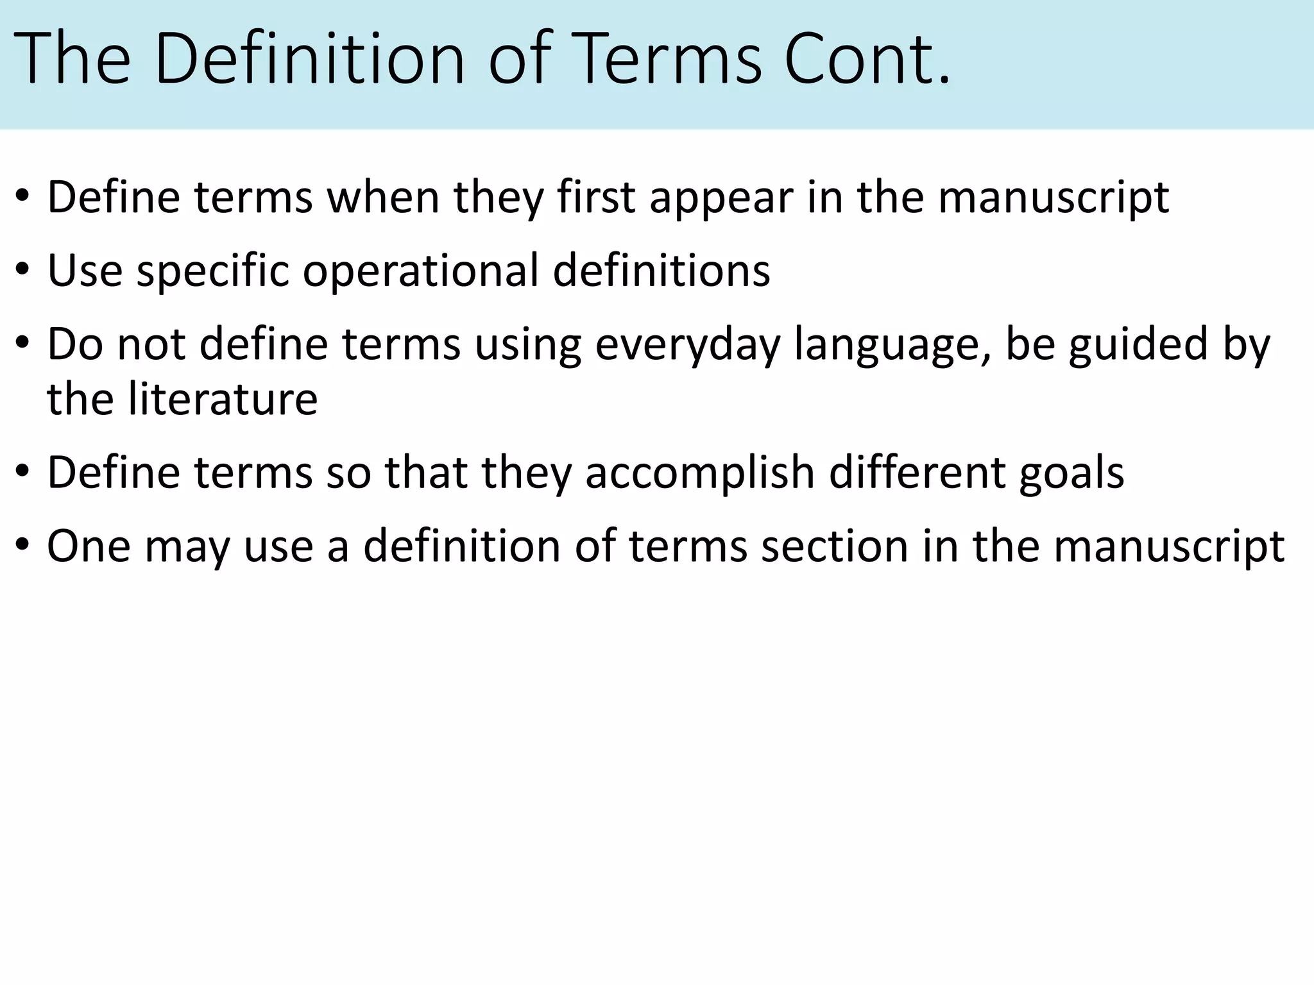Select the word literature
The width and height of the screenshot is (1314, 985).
click(x=223, y=399)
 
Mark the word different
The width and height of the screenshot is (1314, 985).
click(x=917, y=472)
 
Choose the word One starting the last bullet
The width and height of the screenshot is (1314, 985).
click(x=89, y=546)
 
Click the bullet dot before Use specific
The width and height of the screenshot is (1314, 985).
click(x=23, y=271)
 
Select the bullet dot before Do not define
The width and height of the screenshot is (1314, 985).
click(x=23, y=344)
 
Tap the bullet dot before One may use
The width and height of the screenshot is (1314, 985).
click(x=23, y=546)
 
